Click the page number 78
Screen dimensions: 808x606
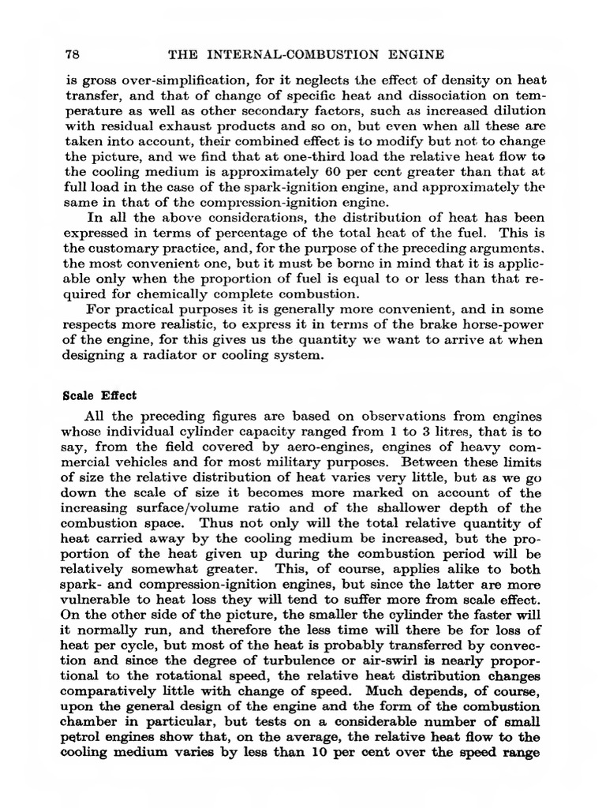pos(69,54)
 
